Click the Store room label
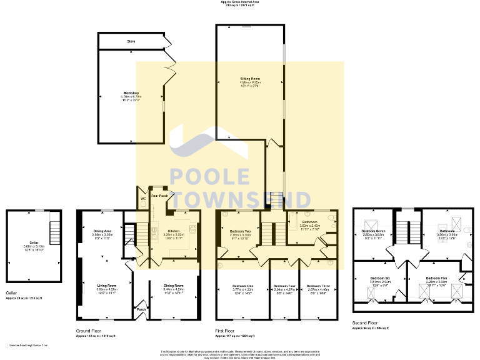click(x=131, y=41)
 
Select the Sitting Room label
click(x=250, y=79)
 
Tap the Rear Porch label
click(x=160, y=196)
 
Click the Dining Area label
click(x=102, y=231)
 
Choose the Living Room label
click(x=107, y=285)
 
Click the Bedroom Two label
click(x=232, y=231)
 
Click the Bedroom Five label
click(x=437, y=277)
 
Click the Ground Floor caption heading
click(x=87, y=332)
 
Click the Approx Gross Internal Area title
click(x=240, y=2)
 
